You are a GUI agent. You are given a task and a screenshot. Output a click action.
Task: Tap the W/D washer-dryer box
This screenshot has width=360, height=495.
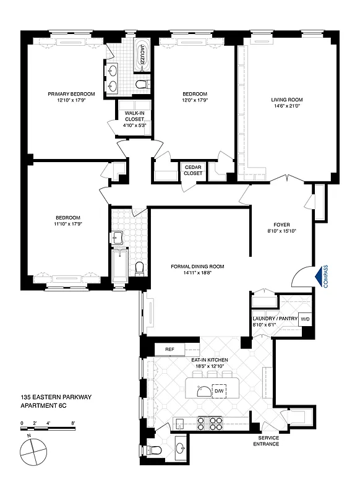pos(304,320)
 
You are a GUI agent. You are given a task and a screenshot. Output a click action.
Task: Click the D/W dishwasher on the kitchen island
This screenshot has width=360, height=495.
pos(218,391)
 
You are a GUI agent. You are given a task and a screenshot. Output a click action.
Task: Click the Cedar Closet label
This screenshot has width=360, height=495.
pos(193,170)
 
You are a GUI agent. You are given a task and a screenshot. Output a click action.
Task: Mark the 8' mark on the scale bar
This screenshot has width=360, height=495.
pos(74,423)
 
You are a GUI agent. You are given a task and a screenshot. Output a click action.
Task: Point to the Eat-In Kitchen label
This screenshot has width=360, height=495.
pos(210,359)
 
